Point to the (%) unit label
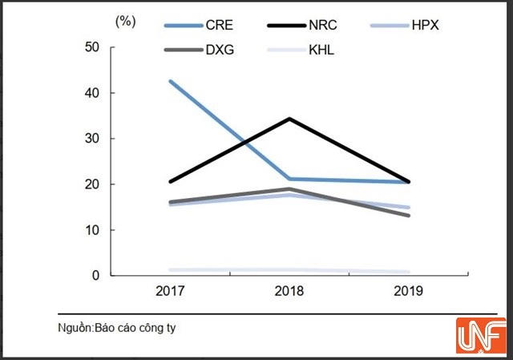click(126, 21)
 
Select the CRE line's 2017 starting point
click(170, 81)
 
